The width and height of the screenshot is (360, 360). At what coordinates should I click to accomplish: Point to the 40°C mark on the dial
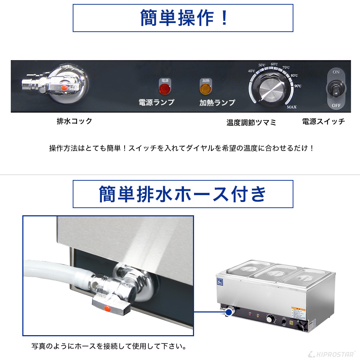tap(252, 71)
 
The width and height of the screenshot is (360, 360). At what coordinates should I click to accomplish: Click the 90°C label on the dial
tap(298, 86)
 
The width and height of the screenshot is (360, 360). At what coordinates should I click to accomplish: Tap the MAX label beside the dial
tap(292, 107)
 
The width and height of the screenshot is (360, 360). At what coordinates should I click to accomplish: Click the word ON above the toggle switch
tap(336, 72)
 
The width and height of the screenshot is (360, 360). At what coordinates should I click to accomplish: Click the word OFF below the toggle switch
tap(336, 106)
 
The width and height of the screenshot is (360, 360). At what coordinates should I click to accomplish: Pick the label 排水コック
tap(75, 121)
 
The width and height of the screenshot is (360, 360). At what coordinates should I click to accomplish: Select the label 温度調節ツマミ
tap(251, 123)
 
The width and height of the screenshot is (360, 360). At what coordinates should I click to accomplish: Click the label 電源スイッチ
tap(324, 121)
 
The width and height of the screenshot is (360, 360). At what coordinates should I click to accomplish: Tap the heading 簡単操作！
tap(183, 18)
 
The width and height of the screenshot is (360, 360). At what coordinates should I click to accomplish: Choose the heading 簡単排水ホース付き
tap(183, 194)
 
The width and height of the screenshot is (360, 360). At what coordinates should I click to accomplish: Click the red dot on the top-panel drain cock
tap(64, 87)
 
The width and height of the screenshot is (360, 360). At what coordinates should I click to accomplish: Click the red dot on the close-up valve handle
tap(107, 308)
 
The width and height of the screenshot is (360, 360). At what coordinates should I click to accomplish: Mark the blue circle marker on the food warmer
tap(228, 313)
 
